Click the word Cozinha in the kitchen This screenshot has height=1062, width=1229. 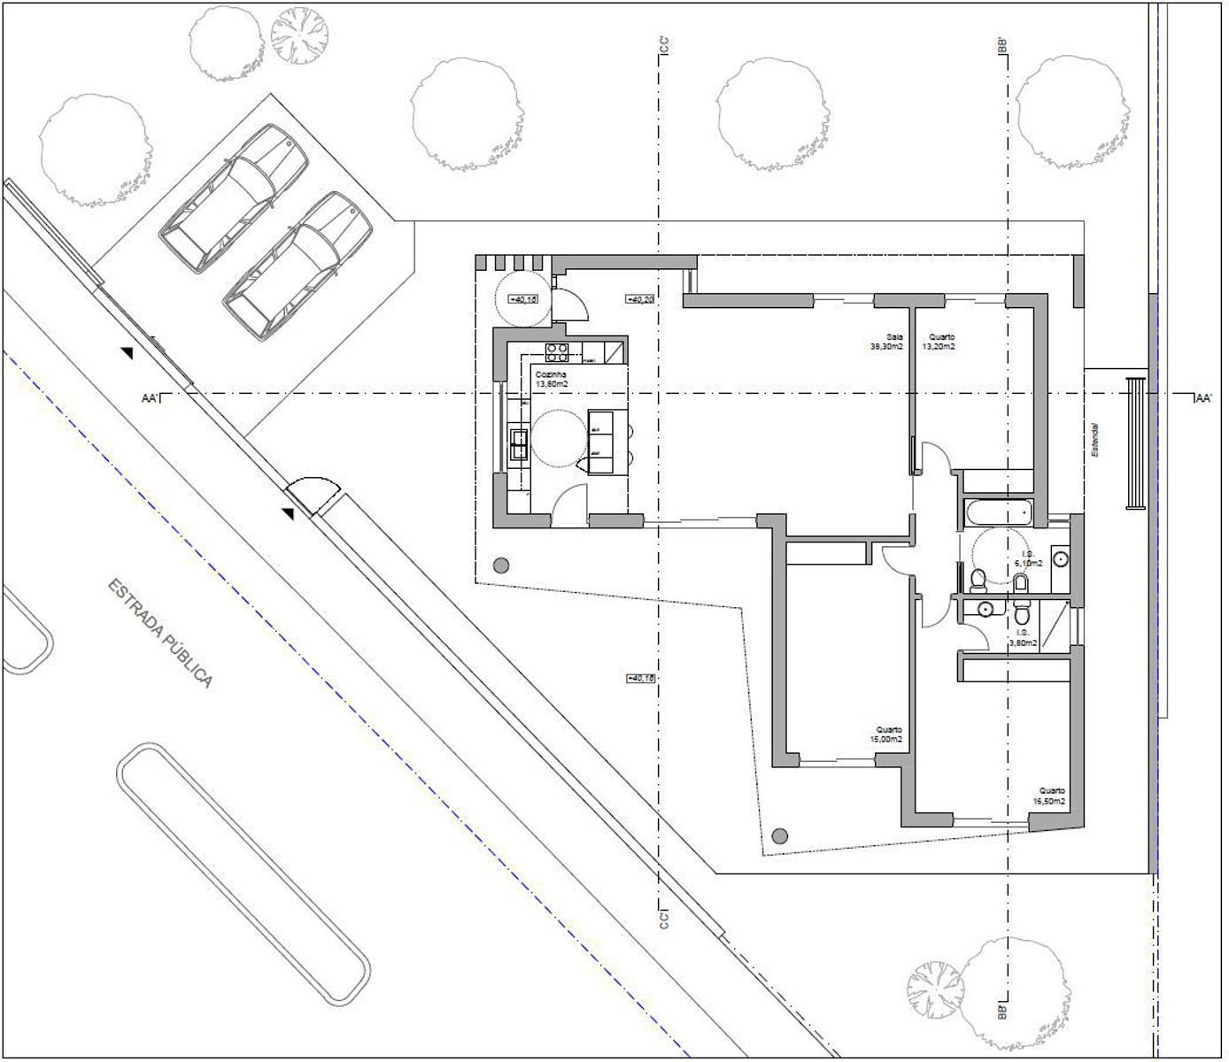tap(551, 374)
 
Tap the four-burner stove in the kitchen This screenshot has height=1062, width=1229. tap(557, 353)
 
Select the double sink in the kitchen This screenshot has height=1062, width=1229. tap(519, 444)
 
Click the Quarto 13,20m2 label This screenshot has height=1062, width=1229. tap(940, 342)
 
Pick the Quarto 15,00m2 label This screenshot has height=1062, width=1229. tap(886, 735)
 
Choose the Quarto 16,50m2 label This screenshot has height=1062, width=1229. tap(1051, 796)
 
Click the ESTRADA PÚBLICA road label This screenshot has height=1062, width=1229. tap(159, 633)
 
